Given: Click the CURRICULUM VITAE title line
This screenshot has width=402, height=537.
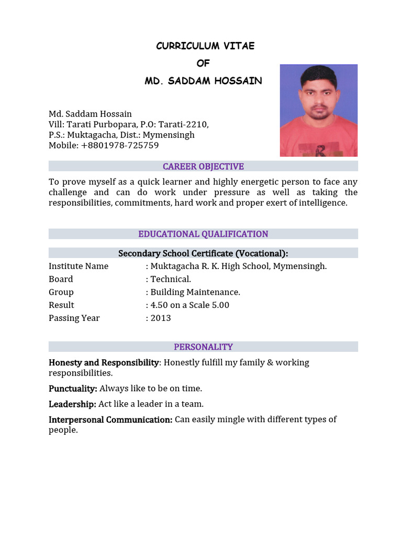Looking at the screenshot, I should (205, 46).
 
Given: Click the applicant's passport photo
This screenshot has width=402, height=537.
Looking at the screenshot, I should (318, 110).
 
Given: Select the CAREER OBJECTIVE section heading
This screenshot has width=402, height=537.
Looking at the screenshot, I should (203, 166).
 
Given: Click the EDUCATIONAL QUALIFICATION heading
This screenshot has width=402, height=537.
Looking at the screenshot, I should (203, 234).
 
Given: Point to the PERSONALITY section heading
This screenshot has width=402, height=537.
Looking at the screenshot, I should (203, 347).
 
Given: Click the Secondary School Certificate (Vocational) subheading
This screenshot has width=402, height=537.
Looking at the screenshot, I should (203, 253).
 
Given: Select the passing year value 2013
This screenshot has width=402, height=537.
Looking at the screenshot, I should (161, 318).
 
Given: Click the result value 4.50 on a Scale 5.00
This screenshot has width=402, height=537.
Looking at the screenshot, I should (189, 305).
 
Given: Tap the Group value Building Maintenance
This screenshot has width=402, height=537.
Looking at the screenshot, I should (195, 292).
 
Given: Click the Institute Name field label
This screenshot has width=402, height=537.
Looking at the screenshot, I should (79, 266).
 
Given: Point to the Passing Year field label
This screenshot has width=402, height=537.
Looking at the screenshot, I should (74, 318).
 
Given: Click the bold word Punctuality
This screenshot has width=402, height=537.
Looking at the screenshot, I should (73, 389).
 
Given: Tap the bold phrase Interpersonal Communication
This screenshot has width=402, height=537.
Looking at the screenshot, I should (110, 420).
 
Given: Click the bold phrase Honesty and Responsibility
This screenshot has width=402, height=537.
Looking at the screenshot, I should (104, 362).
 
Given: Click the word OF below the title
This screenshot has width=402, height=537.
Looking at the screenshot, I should (203, 63).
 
